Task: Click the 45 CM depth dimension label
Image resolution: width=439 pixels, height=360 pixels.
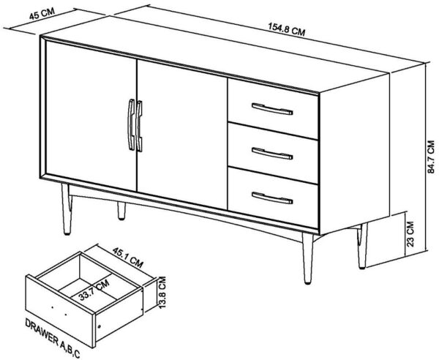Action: coord(42,14)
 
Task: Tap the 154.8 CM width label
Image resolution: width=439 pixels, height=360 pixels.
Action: coord(287,30)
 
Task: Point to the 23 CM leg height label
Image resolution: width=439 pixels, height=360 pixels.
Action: coord(410,233)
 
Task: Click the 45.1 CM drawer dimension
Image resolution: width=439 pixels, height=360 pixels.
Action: coord(128,258)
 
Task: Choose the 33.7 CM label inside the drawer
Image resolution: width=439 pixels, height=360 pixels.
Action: coord(94,290)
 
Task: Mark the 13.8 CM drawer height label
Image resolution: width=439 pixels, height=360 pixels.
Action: coord(162,292)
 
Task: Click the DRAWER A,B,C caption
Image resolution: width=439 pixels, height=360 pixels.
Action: coord(53,337)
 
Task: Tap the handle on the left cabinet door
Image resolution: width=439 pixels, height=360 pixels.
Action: coord(131,124)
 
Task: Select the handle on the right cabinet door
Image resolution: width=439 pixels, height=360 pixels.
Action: coord(140,126)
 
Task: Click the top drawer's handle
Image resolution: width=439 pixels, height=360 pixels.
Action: coord(272,109)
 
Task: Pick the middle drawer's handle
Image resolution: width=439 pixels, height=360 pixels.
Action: coord(272,154)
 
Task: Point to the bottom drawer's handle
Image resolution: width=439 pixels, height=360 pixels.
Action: coord(272,198)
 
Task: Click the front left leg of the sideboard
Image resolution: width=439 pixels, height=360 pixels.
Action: coord(67,209)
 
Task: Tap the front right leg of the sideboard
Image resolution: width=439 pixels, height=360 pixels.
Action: coord(307,258)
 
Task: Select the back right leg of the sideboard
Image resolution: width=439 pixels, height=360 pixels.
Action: coord(362,246)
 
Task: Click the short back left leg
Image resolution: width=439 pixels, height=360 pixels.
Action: coord(121,211)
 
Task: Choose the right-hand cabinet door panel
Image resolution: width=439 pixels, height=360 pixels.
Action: coord(182,134)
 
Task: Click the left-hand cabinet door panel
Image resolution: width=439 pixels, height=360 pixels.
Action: coord(91,116)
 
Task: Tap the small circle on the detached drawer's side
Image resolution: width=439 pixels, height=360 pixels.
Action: coord(99,326)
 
